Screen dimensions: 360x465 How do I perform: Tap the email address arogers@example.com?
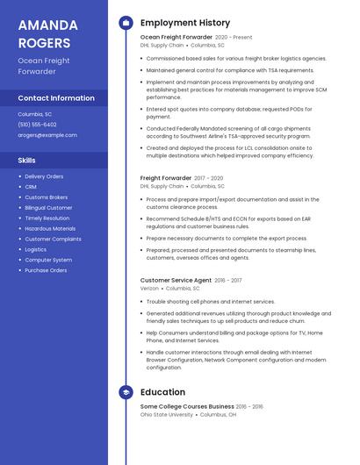(x=47, y=135)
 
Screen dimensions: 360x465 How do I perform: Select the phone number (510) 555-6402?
(x=37, y=125)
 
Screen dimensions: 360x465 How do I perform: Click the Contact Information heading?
(x=56, y=98)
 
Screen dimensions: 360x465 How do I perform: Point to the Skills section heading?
(x=27, y=161)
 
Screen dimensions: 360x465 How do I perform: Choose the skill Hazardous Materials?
(x=50, y=228)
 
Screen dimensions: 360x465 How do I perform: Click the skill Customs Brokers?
(x=47, y=197)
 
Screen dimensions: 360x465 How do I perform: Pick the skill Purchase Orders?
(x=46, y=270)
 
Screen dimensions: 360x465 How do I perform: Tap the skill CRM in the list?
(x=31, y=187)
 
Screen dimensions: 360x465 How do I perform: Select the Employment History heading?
(x=185, y=23)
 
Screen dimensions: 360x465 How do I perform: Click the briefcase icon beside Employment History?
(x=126, y=23)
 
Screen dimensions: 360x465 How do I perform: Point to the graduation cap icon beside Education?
(x=126, y=392)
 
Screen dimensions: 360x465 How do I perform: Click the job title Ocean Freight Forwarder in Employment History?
(x=176, y=38)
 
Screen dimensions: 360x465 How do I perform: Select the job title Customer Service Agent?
(x=176, y=281)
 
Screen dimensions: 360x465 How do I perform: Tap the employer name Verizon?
(x=149, y=289)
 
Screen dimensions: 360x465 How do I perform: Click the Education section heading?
(x=162, y=392)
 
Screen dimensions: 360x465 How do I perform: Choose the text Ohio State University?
(x=167, y=414)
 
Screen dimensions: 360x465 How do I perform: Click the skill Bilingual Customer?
(x=48, y=208)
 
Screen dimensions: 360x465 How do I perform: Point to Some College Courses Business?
(x=187, y=406)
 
